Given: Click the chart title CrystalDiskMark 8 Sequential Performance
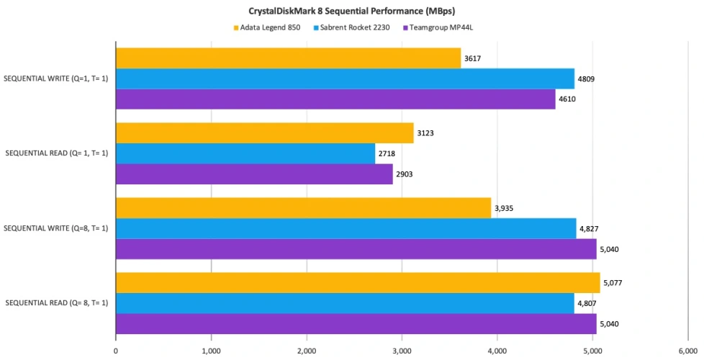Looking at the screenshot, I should point(352,12).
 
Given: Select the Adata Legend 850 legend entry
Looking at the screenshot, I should point(266,28).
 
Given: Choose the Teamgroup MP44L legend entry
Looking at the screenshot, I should point(441,28).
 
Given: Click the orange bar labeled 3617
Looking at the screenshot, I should point(288,58).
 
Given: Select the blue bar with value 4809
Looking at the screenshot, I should point(345,78).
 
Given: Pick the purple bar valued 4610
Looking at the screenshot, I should point(335,99).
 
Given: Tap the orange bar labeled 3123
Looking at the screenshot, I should point(264,133).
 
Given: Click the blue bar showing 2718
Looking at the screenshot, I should point(245,153).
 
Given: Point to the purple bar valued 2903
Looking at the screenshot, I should point(254,174).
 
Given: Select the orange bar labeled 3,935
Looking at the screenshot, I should point(303,208).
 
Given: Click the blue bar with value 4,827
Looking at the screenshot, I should point(346,228).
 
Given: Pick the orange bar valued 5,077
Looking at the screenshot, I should point(358,283).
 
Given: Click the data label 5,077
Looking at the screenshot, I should point(612,283).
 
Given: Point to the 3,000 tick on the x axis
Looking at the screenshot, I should point(402,351).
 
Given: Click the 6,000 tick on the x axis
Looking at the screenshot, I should point(688,351).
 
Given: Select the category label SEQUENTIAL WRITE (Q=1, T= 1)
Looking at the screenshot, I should point(57,78).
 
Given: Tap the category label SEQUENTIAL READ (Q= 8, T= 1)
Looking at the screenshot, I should point(57,303).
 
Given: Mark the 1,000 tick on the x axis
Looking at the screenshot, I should point(211,351).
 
